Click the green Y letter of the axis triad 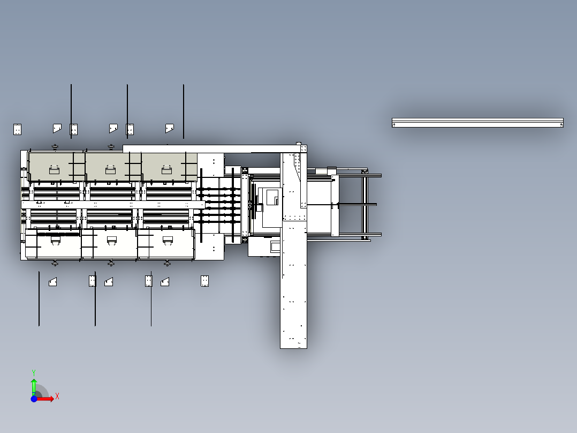(x=34, y=373)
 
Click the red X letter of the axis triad (x=57, y=397)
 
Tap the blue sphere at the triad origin (x=34, y=399)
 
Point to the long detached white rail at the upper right (x=477, y=123)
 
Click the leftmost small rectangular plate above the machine (x=17, y=129)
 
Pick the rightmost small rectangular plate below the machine (x=204, y=281)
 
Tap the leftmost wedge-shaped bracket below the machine (x=52, y=282)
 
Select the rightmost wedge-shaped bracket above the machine (x=170, y=128)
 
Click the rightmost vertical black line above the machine (x=184, y=111)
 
